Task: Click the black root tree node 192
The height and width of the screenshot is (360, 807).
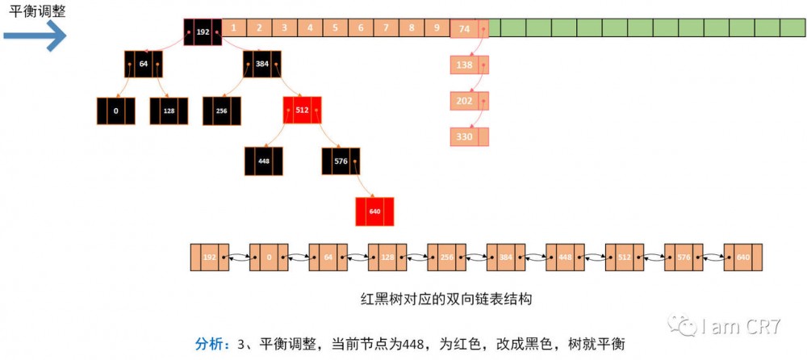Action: (x=203, y=32)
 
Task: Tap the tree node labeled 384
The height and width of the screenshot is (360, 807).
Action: (x=262, y=65)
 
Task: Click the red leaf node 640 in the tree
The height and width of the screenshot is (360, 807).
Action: (x=374, y=211)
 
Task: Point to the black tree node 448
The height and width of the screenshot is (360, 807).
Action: (x=264, y=161)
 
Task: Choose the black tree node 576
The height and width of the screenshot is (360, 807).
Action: (x=341, y=161)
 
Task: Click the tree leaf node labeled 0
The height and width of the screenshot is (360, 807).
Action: (x=116, y=111)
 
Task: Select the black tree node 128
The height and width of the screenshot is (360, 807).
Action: (x=169, y=111)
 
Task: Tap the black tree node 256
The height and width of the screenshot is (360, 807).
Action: (x=222, y=111)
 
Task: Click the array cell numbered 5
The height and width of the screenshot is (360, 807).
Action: (x=335, y=28)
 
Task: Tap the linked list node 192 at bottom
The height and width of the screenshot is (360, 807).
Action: (x=209, y=257)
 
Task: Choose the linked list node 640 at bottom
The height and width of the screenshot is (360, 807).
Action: (x=742, y=257)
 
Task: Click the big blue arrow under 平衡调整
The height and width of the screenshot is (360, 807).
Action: (x=34, y=35)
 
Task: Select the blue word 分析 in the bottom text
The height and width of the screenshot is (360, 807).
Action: (x=211, y=343)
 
